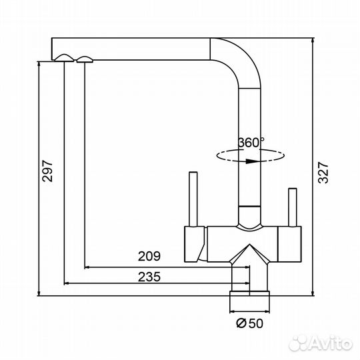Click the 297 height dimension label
click(x=47, y=171)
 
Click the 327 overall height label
click(x=323, y=173)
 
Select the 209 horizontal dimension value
click(x=149, y=256)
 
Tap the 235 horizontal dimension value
click(x=149, y=277)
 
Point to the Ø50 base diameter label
click(x=249, y=323)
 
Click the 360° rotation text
click(x=251, y=143)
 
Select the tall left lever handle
click(x=193, y=199)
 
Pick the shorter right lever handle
click(x=293, y=207)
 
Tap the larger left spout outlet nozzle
click(x=64, y=58)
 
